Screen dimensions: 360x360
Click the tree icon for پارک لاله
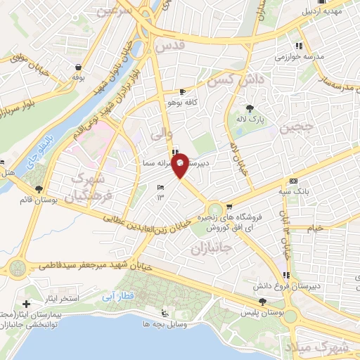coord(250,108)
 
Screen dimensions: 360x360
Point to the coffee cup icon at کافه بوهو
coord(183,91)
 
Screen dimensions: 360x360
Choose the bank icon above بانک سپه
coord(293,181)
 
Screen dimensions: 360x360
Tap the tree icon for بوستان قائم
coord(39,189)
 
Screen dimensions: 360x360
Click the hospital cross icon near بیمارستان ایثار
coord(27,304)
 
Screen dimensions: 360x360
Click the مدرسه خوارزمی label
coord(304,56)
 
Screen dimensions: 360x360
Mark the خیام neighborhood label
coord(316,228)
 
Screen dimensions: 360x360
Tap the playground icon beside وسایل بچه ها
coord(165,314)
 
